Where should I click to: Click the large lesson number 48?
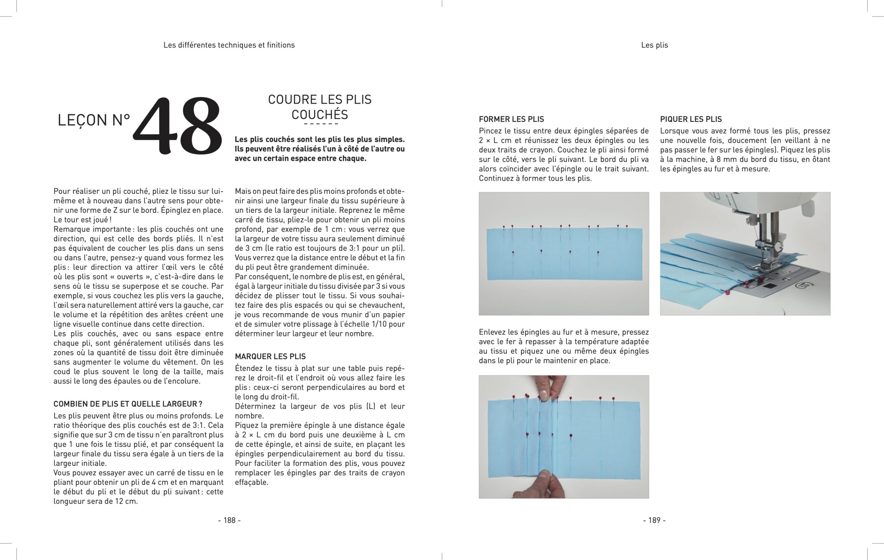pyautogui.click(x=178, y=126)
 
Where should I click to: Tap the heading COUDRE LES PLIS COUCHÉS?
pyautogui.click(x=320, y=107)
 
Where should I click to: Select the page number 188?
pyautogui.click(x=229, y=520)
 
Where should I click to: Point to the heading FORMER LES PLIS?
pyautogui.click(x=511, y=119)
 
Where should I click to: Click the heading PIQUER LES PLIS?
pyautogui.click(x=691, y=119)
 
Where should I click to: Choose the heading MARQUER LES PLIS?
pyautogui.click(x=270, y=356)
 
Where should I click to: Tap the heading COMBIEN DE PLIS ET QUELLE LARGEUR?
pyautogui.click(x=128, y=404)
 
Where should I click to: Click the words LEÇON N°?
pyautogui.click(x=94, y=120)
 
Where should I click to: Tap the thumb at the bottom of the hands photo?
pyautogui.click(x=545, y=476)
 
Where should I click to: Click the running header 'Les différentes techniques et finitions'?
pyautogui.click(x=229, y=45)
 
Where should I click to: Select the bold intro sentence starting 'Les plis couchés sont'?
pyautogui.click(x=320, y=149)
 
